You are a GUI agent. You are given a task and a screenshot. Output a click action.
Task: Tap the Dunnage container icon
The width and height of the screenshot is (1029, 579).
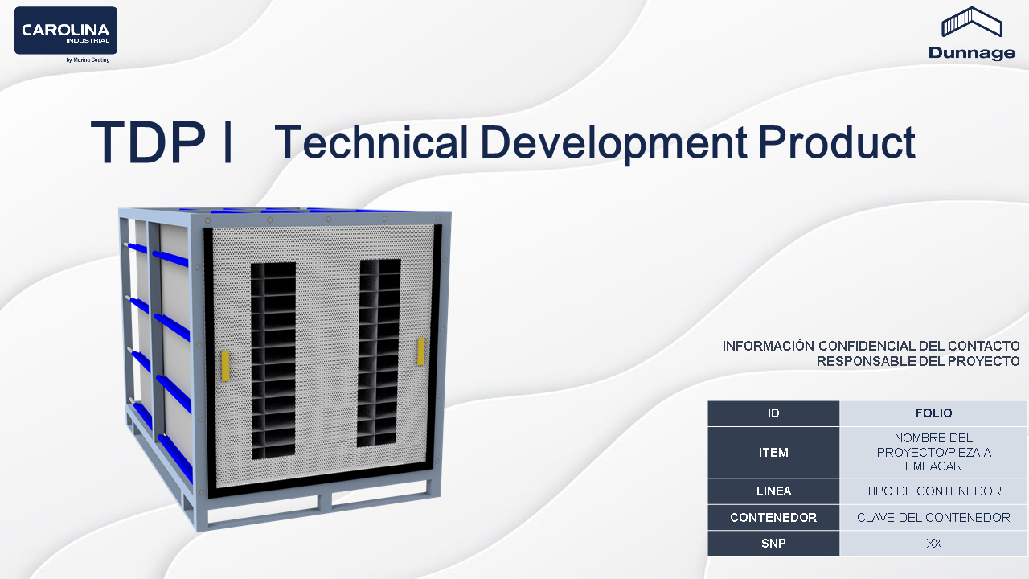(972, 21)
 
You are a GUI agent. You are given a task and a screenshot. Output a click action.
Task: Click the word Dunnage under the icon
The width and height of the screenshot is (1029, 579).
(972, 53)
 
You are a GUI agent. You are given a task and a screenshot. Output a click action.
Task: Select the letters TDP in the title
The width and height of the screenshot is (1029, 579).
(148, 142)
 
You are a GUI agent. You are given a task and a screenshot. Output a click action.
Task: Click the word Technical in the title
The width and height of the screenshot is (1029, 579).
(371, 142)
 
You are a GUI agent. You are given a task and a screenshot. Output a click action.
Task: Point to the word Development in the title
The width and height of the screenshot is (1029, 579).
(613, 143)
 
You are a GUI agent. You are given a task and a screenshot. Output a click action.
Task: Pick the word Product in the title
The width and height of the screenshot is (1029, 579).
(837, 142)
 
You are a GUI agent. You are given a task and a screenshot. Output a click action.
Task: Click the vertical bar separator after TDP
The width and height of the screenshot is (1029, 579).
(227, 142)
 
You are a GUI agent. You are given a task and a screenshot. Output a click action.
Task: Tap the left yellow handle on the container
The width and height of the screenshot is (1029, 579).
(225, 366)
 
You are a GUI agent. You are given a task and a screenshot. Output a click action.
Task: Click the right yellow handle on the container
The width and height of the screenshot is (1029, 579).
(420, 351)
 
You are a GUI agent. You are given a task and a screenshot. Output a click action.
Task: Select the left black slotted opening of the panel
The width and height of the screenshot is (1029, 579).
(273, 361)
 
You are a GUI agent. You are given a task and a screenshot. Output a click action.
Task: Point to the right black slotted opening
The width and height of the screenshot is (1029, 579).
(379, 353)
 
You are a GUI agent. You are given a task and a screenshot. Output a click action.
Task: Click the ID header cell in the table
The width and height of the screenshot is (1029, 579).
(773, 413)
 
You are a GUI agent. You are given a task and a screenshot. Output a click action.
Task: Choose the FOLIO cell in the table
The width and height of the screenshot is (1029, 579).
(933, 413)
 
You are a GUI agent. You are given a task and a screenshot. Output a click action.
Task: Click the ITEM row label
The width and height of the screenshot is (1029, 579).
(773, 452)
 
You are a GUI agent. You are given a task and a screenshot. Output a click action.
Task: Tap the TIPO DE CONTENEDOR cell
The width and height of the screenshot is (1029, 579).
(933, 491)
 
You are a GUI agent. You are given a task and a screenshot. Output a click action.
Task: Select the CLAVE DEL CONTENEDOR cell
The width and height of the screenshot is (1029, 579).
(933, 517)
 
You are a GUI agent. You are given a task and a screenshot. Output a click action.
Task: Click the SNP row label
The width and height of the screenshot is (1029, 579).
(773, 543)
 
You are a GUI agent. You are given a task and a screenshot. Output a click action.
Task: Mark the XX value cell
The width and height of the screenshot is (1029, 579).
(933, 543)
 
